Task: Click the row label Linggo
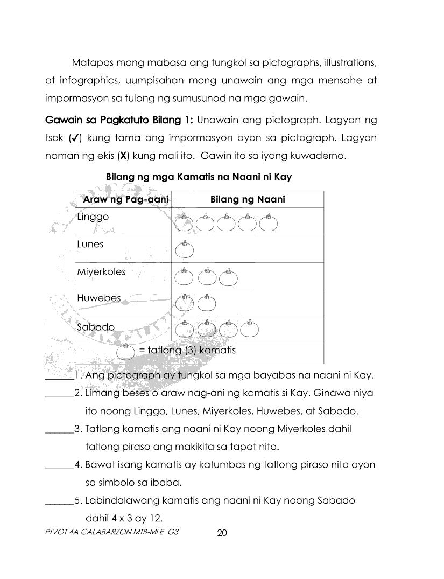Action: tap(93, 217)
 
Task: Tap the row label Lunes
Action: tap(90, 244)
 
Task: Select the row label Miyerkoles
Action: tap(101, 271)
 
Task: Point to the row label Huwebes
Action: tap(99, 298)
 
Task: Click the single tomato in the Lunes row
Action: tap(185, 250)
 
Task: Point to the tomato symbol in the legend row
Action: tap(125, 352)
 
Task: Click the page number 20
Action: tap(222, 533)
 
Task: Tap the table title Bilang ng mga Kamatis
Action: tap(199, 177)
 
